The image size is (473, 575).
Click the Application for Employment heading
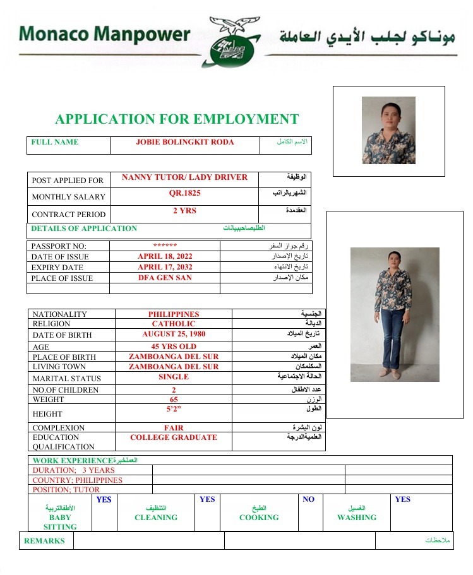coord(177,119)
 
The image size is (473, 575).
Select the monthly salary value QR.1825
coord(184,193)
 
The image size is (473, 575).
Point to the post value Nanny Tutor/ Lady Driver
coord(184,177)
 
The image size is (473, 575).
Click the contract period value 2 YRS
coord(184,211)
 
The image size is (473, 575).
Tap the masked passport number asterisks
coord(165,246)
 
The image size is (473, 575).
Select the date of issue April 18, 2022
coord(165,256)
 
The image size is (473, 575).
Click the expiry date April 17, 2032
coord(165,267)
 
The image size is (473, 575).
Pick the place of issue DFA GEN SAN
coord(165,278)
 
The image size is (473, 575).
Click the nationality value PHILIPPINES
coord(174,314)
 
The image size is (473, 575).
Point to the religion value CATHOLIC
coord(174,324)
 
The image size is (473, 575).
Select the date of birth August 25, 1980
coord(174,334)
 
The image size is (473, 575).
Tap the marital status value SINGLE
coord(174,376)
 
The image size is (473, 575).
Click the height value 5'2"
coord(174,409)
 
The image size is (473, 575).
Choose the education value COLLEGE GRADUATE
coord(174,437)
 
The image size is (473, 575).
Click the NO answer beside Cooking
coord(308,499)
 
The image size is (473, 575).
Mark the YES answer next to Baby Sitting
coord(104,499)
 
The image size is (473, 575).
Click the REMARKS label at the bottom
coord(44,541)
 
